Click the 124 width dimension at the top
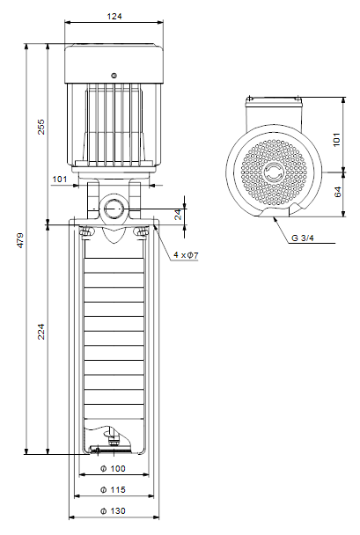(114, 16)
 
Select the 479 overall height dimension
(21, 240)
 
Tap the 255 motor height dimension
(41, 127)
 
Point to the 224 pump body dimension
(41, 332)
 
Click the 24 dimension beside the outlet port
(179, 215)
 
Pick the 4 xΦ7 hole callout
(186, 254)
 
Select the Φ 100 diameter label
(113, 468)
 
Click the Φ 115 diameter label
(113, 489)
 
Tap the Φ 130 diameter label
(113, 510)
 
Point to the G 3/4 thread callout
(302, 238)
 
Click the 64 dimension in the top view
(337, 192)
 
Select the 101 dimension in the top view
(336, 140)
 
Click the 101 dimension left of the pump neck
(60, 179)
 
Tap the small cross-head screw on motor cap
(114, 76)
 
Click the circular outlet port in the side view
(114, 209)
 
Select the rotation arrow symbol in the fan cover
(274, 172)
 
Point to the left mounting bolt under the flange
(85, 232)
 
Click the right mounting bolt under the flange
(142, 232)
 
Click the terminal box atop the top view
(274, 113)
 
